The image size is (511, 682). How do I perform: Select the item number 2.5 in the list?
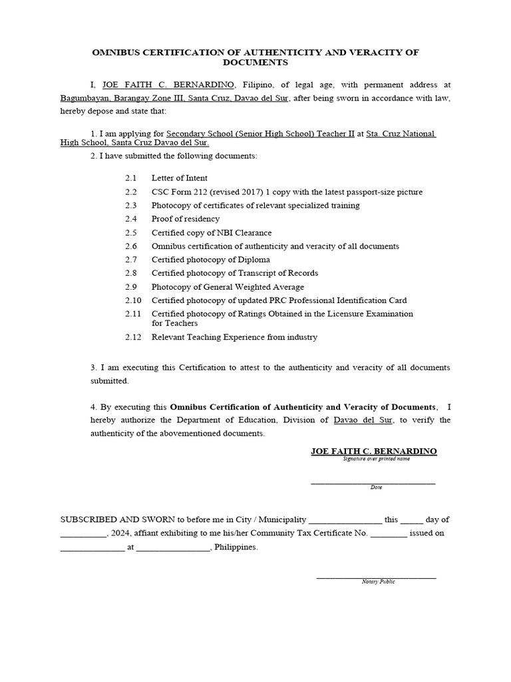click(130, 232)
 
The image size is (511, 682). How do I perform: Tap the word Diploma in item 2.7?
click(255, 260)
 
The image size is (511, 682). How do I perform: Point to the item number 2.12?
click(133, 337)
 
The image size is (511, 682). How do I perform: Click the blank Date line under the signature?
click(373, 481)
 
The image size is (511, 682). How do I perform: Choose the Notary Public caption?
click(378, 581)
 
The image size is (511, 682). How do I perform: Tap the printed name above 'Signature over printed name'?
click(374, 451)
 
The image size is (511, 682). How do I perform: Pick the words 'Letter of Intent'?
click(179, 178)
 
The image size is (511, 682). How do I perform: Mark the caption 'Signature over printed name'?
click(377, 459)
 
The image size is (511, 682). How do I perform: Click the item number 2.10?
click(133, 300)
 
